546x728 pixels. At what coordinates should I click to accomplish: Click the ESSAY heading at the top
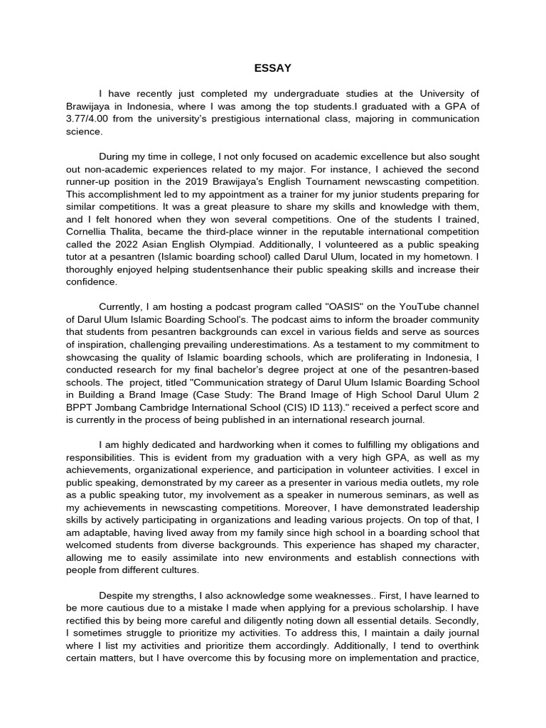[272, 68]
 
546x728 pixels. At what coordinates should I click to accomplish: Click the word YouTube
[417, 308]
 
